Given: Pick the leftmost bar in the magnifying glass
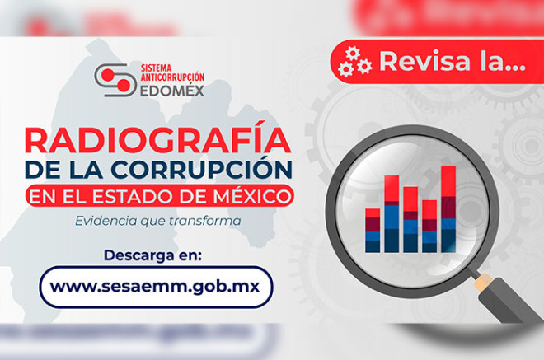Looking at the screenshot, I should (373, 230).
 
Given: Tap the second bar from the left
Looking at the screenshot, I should (392, 217).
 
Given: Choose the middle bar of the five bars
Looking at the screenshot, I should (410, 219).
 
